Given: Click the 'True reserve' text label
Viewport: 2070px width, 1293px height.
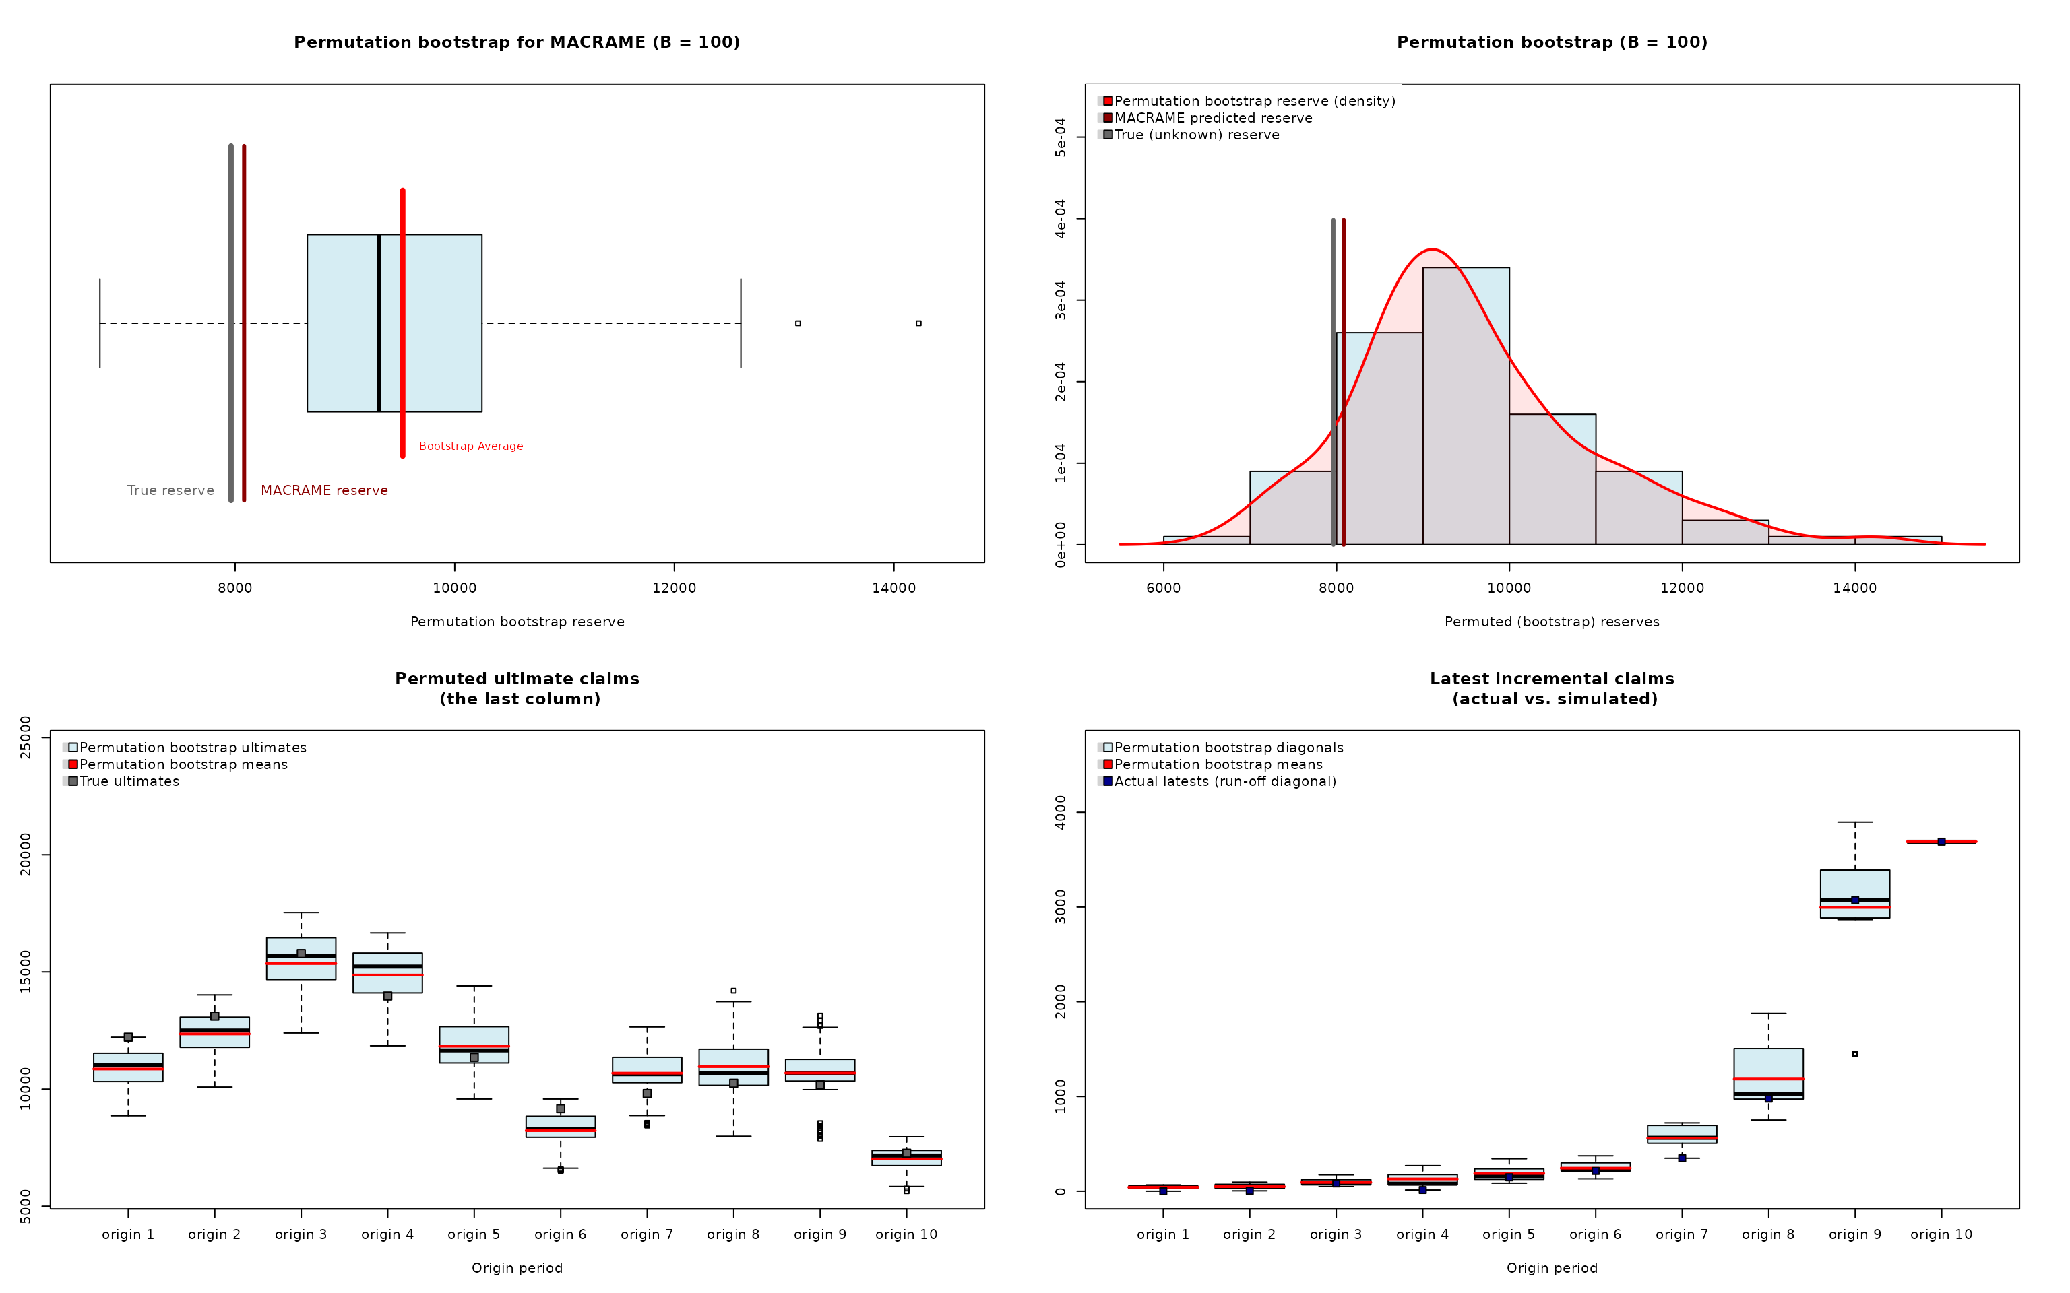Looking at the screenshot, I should (170, 490).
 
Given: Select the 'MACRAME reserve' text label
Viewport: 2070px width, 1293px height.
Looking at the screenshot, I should (323, 490).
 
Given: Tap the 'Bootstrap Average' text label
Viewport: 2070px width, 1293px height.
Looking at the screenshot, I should (470, 446).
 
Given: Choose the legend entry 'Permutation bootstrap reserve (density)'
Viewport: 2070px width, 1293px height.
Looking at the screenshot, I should (1254, 101).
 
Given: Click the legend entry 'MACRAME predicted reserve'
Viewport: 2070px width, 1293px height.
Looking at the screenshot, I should (1212, 118).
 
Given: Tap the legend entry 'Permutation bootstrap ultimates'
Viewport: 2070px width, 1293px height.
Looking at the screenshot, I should (193, 748).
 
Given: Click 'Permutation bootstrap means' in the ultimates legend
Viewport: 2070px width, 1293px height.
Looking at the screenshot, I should (183, 764).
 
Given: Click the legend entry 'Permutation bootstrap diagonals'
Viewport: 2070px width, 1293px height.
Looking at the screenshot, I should (1228, 748).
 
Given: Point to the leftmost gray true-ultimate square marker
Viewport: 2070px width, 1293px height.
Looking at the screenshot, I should (128, 1037).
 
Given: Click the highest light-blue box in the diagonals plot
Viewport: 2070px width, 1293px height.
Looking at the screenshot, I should (1854, 884).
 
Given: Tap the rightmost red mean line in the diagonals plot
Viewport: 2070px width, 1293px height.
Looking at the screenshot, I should (1941, 842).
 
